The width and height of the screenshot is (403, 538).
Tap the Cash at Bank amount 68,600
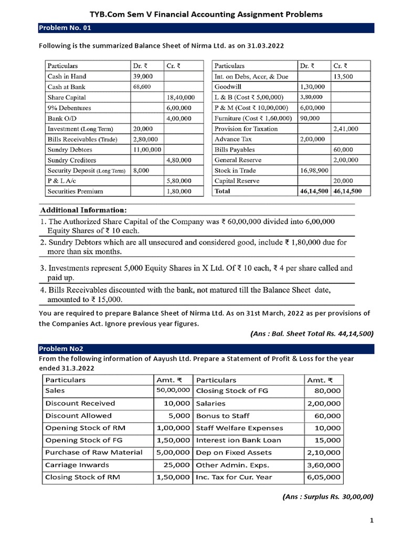tap(142, 87)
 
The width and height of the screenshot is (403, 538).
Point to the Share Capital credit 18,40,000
tap(180, 97)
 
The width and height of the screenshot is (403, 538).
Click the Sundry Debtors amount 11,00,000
tap(147, 150)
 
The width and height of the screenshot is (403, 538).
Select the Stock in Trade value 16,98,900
tap(313, 170)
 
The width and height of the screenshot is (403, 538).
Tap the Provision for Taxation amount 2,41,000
tap(346, 129)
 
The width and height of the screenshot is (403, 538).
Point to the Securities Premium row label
tap(75, 191)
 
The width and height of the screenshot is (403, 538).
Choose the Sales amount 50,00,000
tap(173, 390)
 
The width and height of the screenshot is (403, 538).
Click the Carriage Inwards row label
tap(77, 465)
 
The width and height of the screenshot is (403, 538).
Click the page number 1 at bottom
tap(372, 521)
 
